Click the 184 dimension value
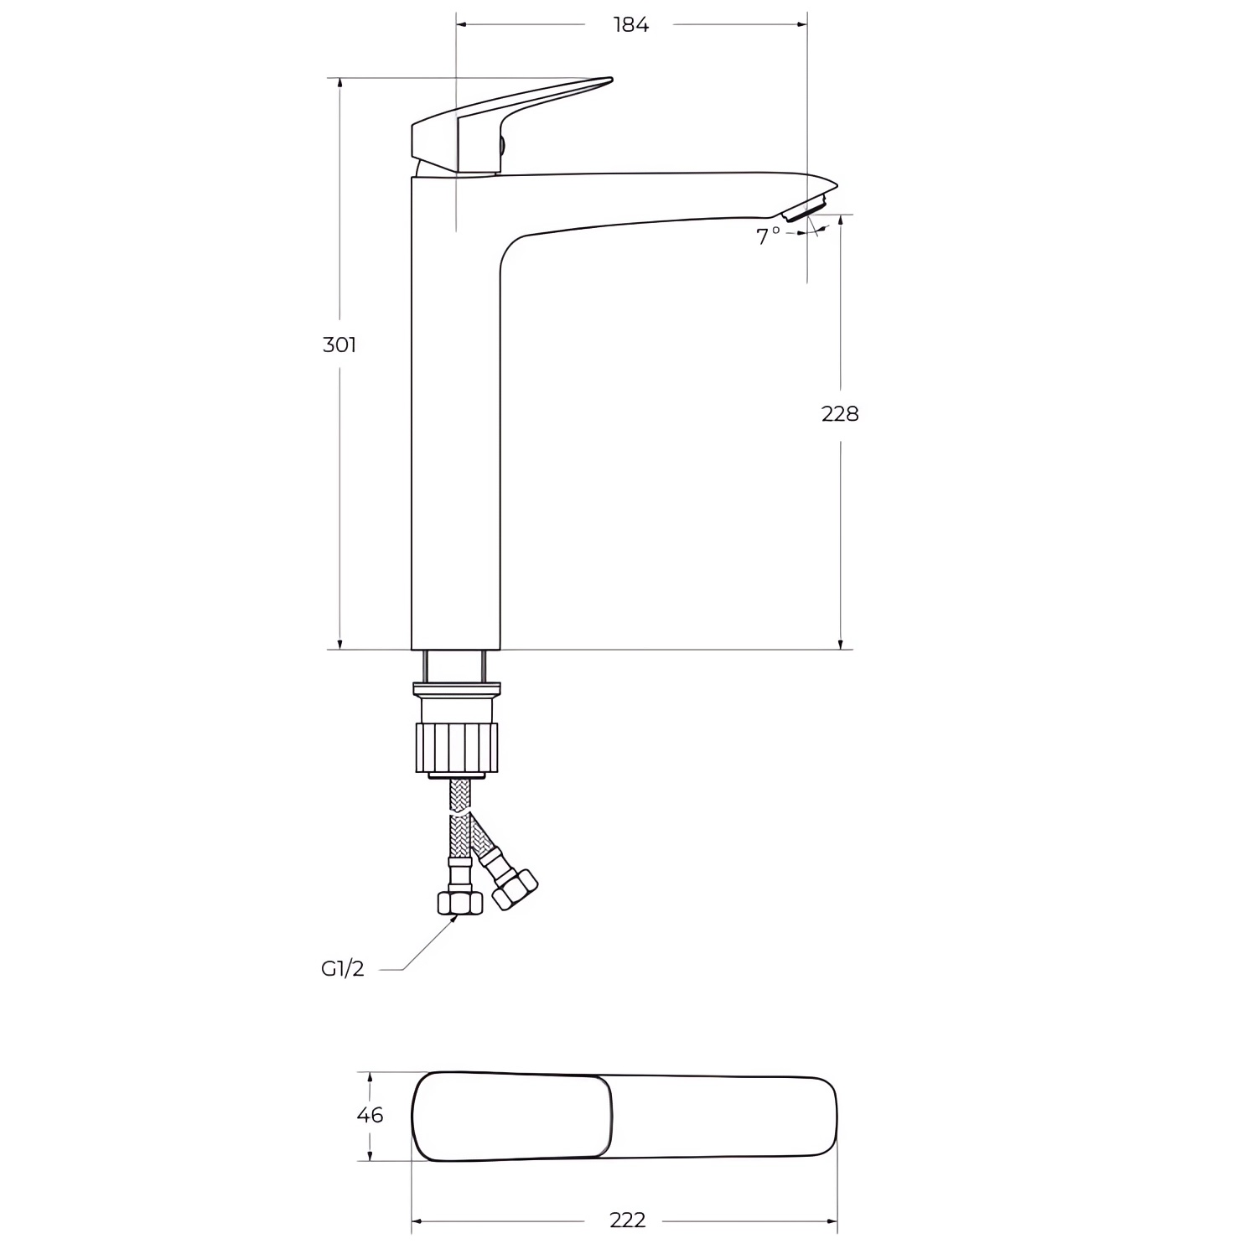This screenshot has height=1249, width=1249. (630, 25)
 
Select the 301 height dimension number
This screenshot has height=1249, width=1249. (339, 345)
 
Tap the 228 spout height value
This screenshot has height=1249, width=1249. (840, 413)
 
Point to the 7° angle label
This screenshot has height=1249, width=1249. (768, 236)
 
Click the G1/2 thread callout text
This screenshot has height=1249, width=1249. (343, 969)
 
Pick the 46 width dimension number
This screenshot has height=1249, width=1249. (370, 1115)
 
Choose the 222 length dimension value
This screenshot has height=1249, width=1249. (628, 1220)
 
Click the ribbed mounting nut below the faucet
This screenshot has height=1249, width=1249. (458, 747)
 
